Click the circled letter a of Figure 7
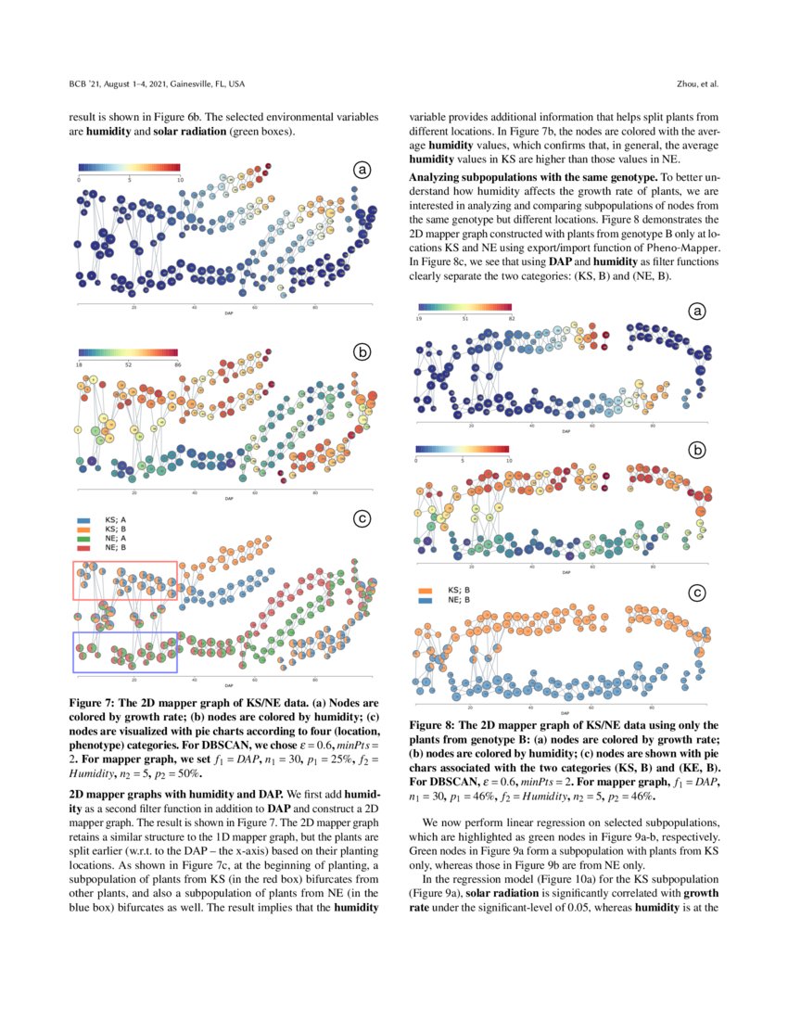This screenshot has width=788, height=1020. [362, 169]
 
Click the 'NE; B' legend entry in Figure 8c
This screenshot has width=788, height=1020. [458, 600]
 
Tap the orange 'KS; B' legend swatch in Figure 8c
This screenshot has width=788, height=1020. [426, 590]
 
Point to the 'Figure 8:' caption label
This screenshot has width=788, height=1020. [436, 723]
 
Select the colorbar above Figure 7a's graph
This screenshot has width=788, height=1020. [129, 167]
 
